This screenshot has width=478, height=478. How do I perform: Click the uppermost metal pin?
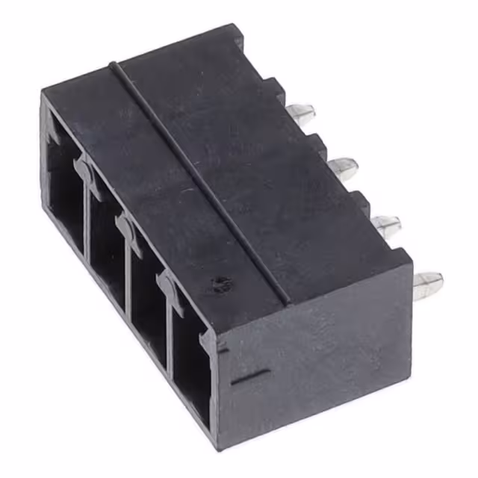(x=300, y=115)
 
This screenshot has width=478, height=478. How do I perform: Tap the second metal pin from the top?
(x=343, y=167)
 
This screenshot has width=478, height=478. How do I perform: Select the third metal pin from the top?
(x=385, y=225)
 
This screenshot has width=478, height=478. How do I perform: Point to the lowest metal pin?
(x=427, y=285)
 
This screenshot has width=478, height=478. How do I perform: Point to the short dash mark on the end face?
(x=246, y=376)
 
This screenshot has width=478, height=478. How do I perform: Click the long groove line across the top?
(x=202, y=179)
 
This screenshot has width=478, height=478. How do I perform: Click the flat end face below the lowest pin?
(x=321, y=358)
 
